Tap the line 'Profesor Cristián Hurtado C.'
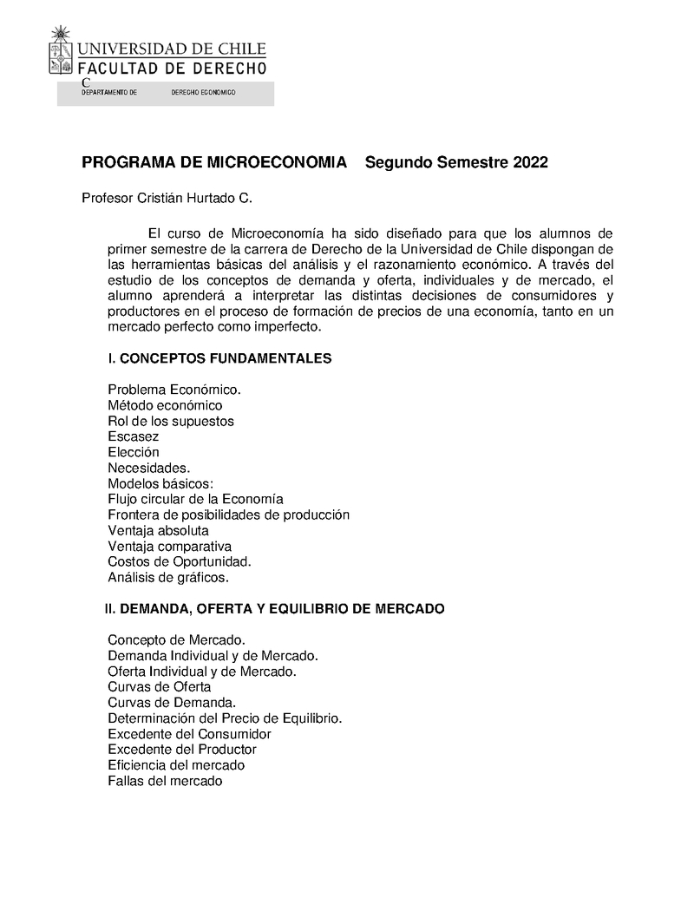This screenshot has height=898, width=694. click(167, 199)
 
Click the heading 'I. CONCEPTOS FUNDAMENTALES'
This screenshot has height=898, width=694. click(219, 358)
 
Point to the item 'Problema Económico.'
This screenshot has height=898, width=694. click(174, 390)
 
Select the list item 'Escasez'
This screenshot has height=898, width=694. click(134, 436)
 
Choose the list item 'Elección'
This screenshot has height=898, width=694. click(134, 452)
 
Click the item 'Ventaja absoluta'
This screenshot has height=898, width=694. click(158, 530)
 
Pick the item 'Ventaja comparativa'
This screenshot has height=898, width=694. click(169, 546)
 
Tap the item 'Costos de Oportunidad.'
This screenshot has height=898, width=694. click(180, 561)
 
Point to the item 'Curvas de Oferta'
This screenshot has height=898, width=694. click(160, 687)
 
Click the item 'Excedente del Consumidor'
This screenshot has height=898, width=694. click(183, 734)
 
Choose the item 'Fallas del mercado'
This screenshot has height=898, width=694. click(165, 781)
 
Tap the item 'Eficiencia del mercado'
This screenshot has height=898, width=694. click(176, 765)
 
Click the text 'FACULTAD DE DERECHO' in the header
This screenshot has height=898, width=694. click(173, 67)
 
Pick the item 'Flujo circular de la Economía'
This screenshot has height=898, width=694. click(195, 499)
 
